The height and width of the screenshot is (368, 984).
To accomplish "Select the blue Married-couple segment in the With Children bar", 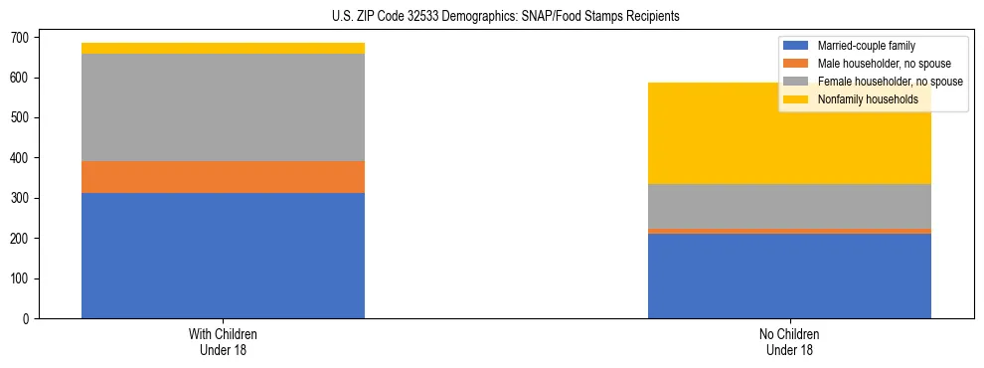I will click(223, 256).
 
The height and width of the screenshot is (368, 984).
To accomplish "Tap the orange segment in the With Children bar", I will click(223, 177).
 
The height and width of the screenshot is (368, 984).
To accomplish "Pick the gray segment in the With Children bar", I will click(223, 107).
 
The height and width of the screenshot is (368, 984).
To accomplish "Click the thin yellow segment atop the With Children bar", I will click(223, 48).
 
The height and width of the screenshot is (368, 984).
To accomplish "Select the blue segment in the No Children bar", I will click(789, 276).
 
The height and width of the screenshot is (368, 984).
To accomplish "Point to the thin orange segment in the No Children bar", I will click(789, 231).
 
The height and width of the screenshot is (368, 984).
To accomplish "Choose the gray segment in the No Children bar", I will click(789, 206).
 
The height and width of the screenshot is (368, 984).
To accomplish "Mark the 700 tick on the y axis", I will click(22, 37).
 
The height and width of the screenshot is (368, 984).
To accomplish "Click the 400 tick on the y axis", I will click(22, 158).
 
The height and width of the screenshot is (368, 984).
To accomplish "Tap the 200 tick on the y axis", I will click(22, 239).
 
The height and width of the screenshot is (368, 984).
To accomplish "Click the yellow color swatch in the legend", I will click(796, 99).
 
